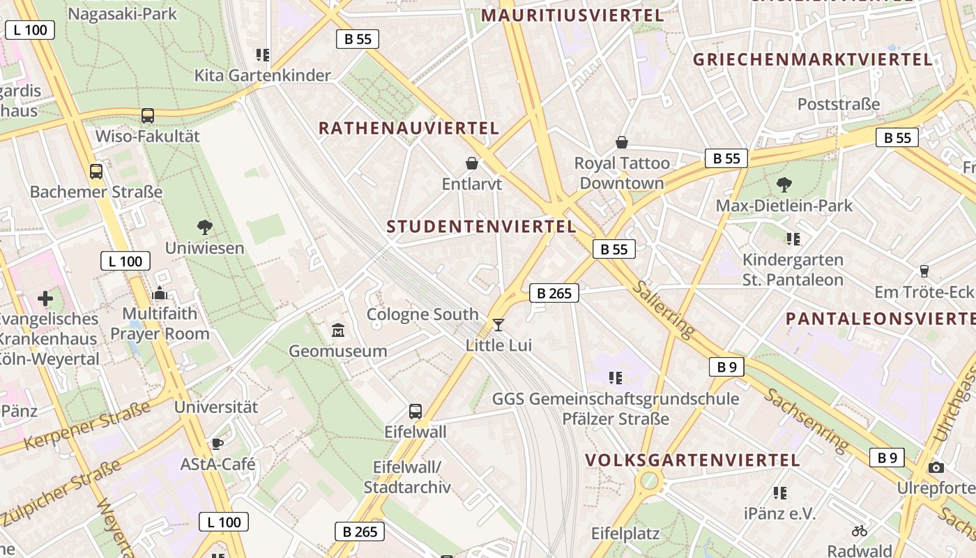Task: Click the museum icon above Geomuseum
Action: (338, 329)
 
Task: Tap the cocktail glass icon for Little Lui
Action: (498, 324)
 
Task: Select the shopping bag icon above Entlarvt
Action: (472, 163)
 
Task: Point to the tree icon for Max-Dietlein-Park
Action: (784, 185)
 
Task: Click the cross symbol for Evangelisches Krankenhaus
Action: (45, 299)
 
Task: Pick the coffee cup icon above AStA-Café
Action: (218, 444)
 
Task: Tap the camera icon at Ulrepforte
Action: (936, 467)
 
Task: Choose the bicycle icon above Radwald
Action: (860, 531)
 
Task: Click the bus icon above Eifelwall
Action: (415, 412)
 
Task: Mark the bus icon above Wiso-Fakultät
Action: (148, 116)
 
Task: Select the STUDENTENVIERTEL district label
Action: (482, 227)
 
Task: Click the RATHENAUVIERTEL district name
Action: (409, 128)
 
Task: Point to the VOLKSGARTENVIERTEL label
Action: (692, 460)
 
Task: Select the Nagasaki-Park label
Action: (123, 14)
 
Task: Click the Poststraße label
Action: (839, 104)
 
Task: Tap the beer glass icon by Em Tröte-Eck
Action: (924, 271)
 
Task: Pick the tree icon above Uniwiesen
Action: (204, 227)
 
